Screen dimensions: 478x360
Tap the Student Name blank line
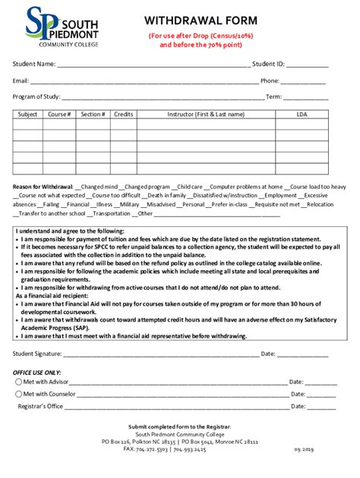(153, 64)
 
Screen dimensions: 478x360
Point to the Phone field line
(305, 81)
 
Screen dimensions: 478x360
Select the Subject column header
(27, 115)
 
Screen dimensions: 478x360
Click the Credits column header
(123, 115)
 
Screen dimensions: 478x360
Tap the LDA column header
(302, 115)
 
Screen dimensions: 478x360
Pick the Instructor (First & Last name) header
(206, 115)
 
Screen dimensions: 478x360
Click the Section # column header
(93, 115)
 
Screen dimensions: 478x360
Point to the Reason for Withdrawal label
(43, 186)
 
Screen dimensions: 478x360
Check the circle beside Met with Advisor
(18, 382)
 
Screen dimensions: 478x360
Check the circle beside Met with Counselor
(18, 395)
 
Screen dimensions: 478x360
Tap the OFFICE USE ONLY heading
(36, 373)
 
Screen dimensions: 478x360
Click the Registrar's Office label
(41, 407)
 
